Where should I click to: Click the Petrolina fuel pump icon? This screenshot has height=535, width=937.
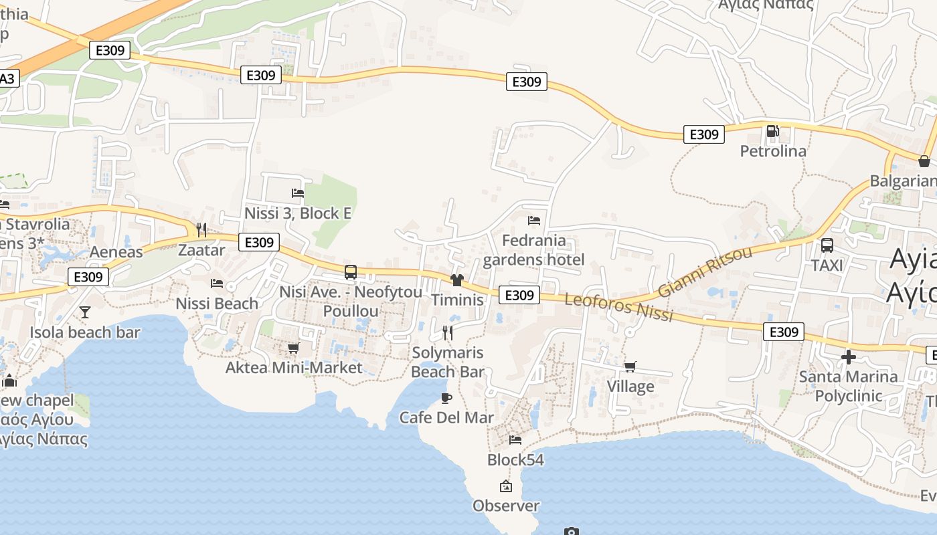coord(772,131)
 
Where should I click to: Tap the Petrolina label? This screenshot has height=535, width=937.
coord(773,151)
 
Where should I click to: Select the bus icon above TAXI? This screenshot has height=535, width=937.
coord(827,245)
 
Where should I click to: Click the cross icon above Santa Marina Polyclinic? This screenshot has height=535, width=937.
coord(849,357)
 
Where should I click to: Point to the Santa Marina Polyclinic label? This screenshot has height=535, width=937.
coord(849,386)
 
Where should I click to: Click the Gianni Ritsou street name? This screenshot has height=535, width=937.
coord(705,272)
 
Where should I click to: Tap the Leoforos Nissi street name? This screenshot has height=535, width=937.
coord(618,307)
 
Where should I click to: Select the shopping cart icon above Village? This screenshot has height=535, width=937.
coord(630,366)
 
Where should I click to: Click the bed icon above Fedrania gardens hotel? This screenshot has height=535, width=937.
coord(534,220)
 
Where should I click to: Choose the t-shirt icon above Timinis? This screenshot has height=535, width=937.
coord(457,280)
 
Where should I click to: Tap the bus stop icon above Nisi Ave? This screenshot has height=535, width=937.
coord(351,272)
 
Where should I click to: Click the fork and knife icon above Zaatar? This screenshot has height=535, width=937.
coord(201,230)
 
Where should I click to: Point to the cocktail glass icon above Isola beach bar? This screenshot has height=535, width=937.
coord(85,312)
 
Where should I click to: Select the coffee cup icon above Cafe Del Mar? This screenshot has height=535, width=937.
coord(446,399)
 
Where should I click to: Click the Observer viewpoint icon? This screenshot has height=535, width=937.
coord(506,486)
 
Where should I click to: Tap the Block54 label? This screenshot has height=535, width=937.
coord(515,460)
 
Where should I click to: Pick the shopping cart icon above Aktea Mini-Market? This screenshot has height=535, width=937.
coord(293,348)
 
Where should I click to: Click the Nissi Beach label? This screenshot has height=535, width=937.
coord(217,304)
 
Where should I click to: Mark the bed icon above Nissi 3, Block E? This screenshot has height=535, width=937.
coord(298,193)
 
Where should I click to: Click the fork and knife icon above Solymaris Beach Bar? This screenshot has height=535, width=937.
coord(448,332)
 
